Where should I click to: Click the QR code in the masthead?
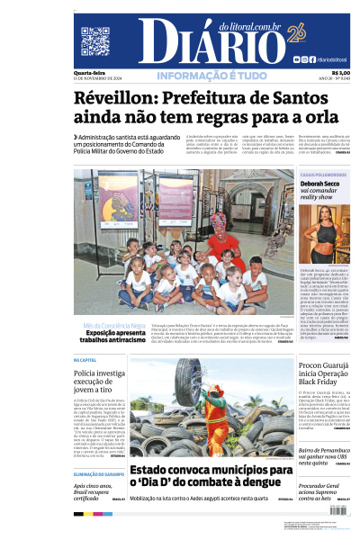(x=95, y=41)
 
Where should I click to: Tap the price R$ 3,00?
(x=341, y=73)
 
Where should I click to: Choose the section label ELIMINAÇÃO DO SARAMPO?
(x=99, y=473)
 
